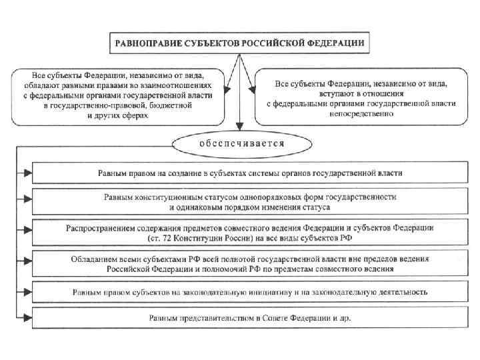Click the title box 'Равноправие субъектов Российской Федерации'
239,42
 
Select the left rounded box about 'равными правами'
118,96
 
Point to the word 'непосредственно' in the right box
360,113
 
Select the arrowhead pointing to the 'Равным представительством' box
27,319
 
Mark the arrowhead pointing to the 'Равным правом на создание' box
27,173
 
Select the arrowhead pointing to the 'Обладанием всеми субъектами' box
27,263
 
